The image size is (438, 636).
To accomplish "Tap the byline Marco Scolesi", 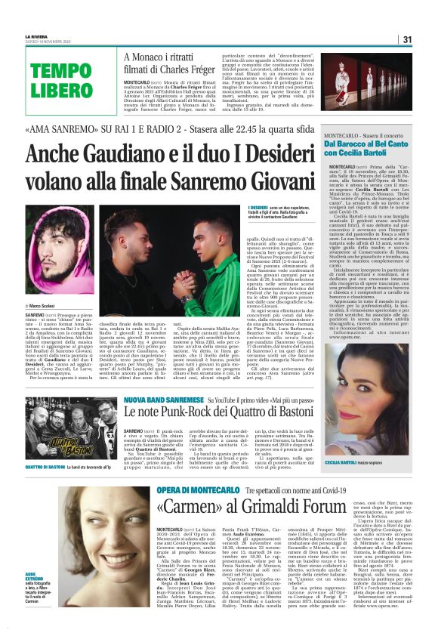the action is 46,305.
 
